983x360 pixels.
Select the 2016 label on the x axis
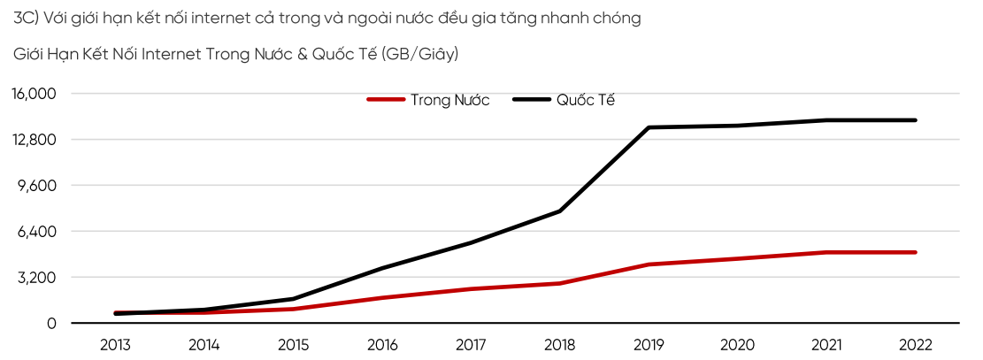click(382, 345)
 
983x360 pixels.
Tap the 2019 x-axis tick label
click(649, 345)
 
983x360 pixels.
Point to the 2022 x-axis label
click(916, 345)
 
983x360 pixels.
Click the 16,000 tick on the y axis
click(33, 94)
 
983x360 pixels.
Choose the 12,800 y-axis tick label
click(33, 140)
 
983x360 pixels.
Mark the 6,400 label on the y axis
click(36, 232)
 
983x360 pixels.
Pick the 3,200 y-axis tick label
click(36, 278)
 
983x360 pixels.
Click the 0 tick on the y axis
click(52, 324)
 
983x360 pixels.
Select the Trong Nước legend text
click(449, 100)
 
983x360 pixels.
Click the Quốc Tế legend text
click(586, 100)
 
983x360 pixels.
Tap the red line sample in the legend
click(386, 100)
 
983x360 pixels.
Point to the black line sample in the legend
click(532, 100)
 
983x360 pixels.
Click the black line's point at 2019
click(649, 127)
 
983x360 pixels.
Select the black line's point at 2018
click(560, 211)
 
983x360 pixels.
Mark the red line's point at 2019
click(649, 264)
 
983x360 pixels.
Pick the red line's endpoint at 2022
click(916, 252)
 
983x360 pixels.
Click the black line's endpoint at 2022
click(916, 120)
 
